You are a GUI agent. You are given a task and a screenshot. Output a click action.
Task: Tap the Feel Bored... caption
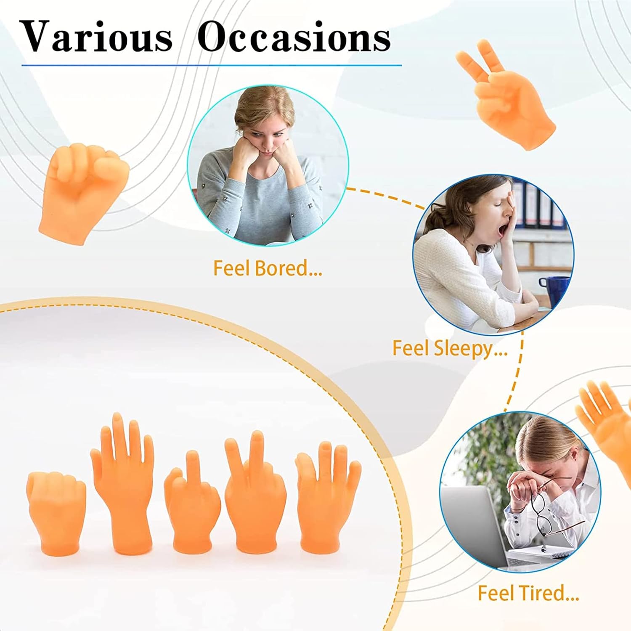pyautogui.click(x=268, y=268)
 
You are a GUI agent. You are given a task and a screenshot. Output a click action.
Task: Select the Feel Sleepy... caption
pyautogui.click(x=450, y=349)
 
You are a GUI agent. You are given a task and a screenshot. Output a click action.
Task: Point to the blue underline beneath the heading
pyautogui.click(x=212, y=65)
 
